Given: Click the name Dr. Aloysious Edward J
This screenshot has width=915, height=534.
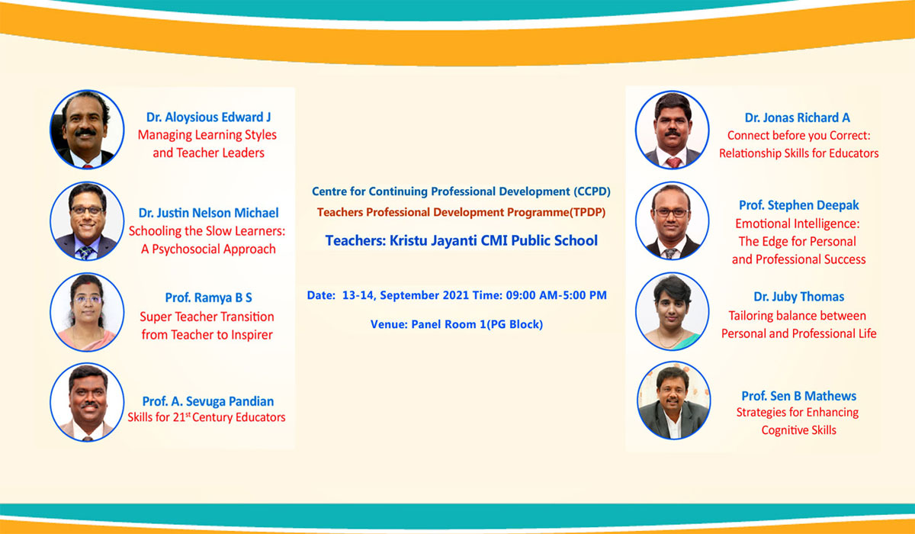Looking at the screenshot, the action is click(x=208, y=117).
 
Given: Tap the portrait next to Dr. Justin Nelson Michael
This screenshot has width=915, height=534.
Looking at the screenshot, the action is click(x=87, y=221).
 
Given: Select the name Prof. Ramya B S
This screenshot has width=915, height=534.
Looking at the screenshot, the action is click(x=208, y=298).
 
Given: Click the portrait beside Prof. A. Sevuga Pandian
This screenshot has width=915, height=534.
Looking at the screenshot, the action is click(x=87, y=402).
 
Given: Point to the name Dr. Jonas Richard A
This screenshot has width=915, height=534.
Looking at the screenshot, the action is click(x=798, y=117).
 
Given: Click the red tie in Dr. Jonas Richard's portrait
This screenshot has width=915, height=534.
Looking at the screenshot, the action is click(x=673, y=162).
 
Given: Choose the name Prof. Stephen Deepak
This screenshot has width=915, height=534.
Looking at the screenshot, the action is click(x=799, y=205).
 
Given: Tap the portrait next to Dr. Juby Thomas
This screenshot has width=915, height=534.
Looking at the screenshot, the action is click(x=673, y=311).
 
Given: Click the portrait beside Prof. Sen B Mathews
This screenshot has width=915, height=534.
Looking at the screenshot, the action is click(x=673, y=400).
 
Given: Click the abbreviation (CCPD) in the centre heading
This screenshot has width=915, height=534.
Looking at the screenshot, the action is click(x=592, y=191).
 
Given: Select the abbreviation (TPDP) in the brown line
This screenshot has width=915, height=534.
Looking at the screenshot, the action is click(x=587, y=213).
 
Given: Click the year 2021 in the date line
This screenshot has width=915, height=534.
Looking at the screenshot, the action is click(x=456, y=295).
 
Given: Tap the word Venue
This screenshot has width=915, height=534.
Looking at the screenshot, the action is click(x=389, y=324).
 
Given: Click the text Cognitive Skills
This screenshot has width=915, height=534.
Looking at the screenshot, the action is click(x=798, y=430).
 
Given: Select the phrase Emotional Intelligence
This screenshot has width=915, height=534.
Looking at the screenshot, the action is click(x=797, y=224).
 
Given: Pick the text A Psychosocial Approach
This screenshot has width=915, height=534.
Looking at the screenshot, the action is click(x=208, y=249).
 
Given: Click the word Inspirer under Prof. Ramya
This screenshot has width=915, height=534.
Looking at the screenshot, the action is click(x=252, y=335).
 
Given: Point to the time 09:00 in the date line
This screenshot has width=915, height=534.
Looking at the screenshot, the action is click(x=520, y=295).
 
